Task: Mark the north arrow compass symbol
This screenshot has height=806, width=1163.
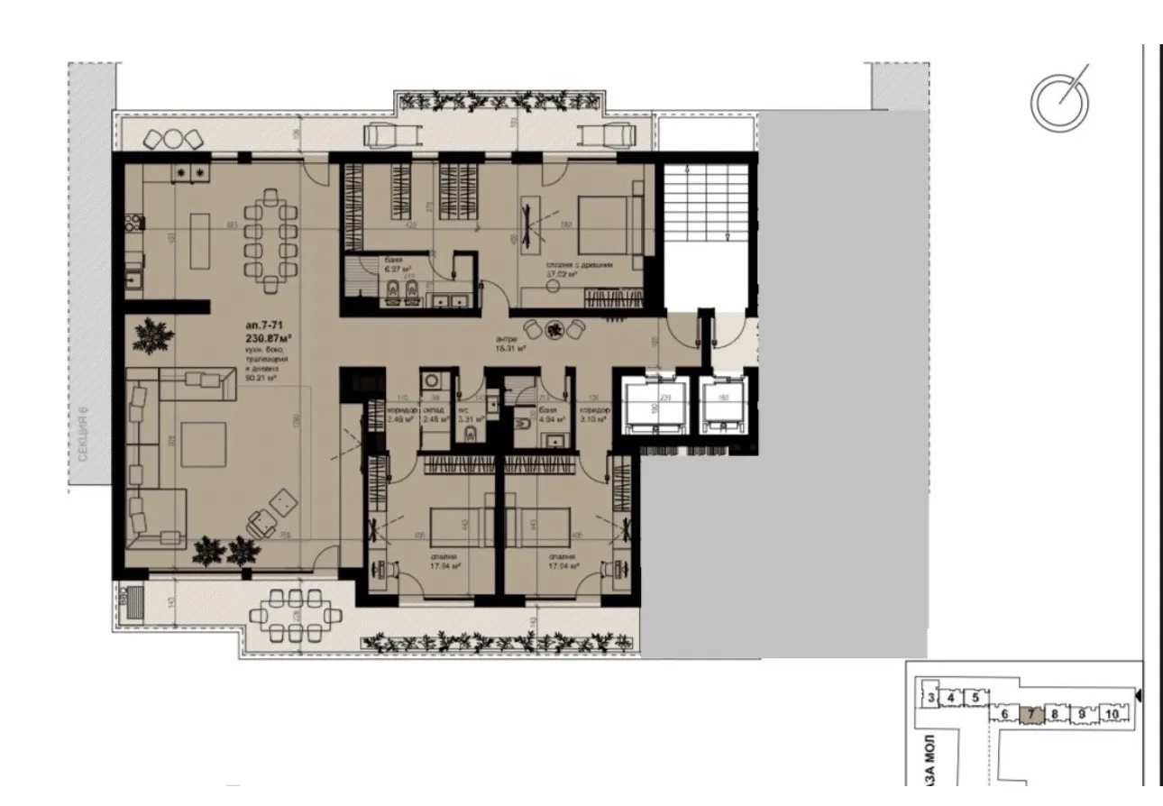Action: click(1060, 99)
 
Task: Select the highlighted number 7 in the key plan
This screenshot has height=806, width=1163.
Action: click(1033, 715)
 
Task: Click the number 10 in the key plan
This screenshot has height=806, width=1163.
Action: click(1112, 715)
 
